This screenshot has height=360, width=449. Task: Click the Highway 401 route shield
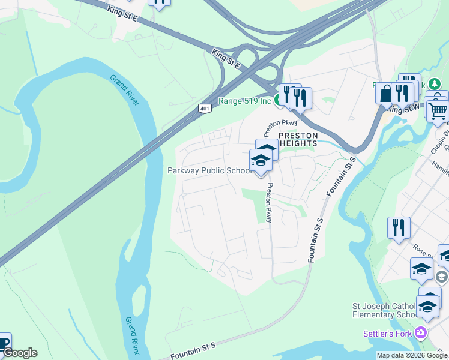pos(205,108)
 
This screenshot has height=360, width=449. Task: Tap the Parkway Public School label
pos(209,170)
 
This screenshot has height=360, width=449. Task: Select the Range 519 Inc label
pos(244,101)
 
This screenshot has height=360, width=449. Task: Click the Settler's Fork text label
pos(388,334)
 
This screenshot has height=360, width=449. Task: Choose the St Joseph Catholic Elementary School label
pos(384,310)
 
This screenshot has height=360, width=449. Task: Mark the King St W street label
pos(403,108)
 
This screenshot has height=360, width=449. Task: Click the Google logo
pos(20,353)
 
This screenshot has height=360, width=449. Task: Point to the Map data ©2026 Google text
pos(412,355)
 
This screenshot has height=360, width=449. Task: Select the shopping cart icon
pos(439,110)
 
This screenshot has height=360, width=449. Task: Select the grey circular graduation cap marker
pos(442,277)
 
